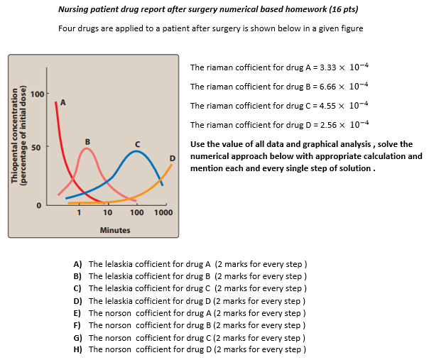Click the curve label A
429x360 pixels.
pos(63,102)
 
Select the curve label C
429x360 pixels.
pos(138,144)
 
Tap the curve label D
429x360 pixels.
pos(172,157)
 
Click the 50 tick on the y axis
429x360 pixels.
pos(39,148)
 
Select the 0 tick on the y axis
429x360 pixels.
pos(40,204)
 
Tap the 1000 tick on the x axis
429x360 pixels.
pos(163,213)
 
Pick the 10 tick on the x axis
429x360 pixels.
pos(107,213)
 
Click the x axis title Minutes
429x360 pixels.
pos(115,230)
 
